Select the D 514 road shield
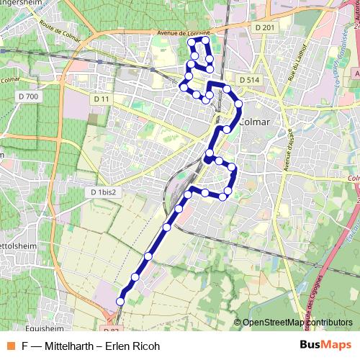[x=248, y=80]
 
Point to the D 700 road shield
[x=30, y=96]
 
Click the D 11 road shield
[x=101, y=98]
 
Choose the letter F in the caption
[x=24, y=346]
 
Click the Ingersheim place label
[x=22, y=3]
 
